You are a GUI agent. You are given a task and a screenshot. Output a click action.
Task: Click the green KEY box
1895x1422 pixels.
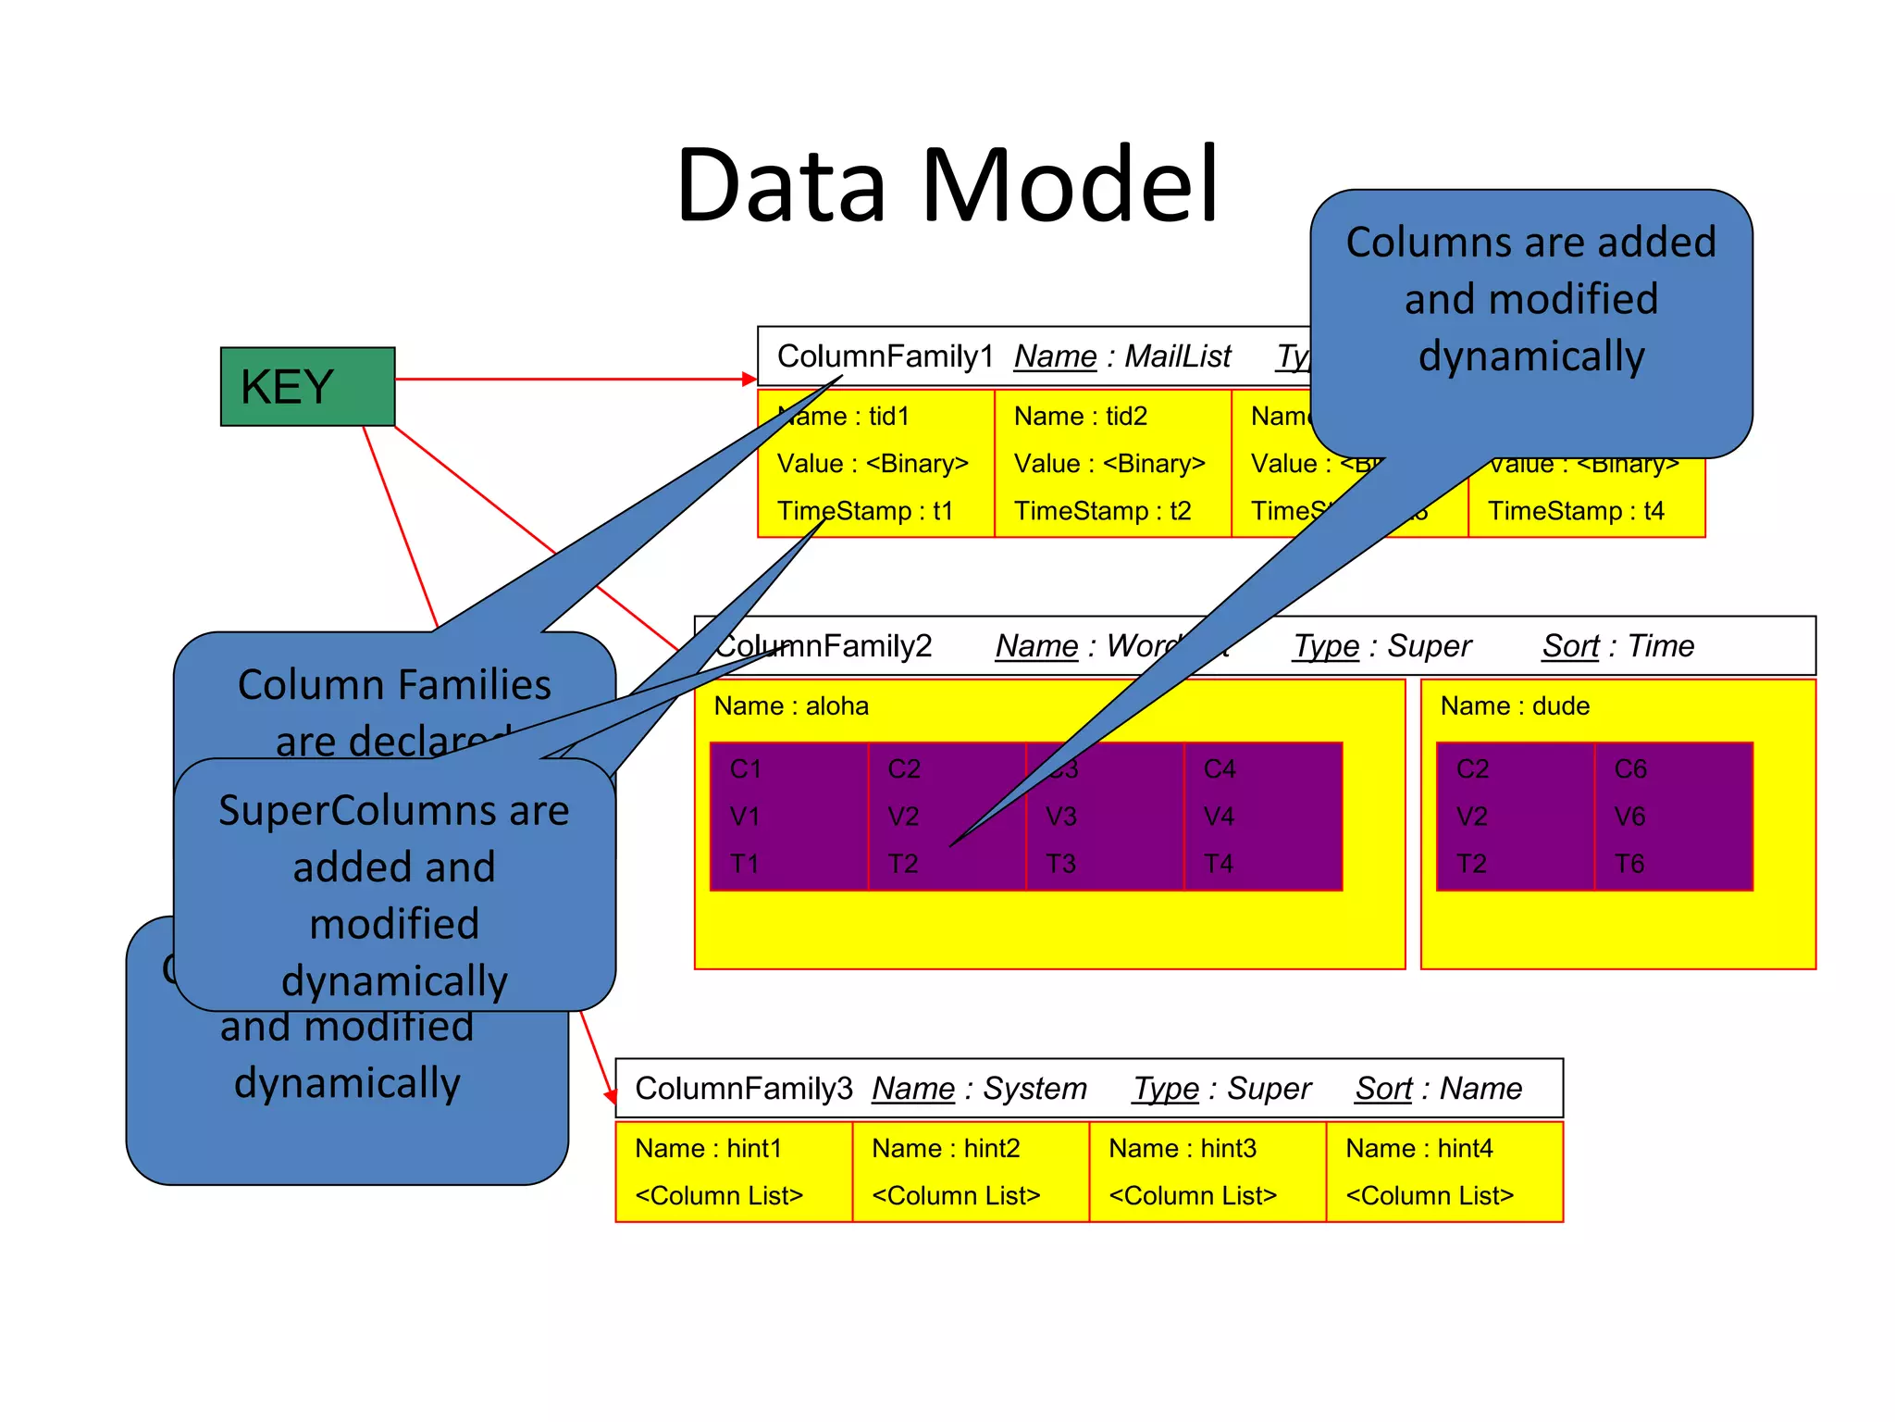[307, 386]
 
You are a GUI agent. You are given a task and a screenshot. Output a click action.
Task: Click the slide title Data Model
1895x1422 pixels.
[947, 185]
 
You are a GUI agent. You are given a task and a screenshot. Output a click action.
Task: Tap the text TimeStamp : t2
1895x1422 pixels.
[1102, 511]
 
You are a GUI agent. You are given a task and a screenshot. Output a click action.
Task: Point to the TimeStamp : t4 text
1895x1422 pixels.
[1576, 511]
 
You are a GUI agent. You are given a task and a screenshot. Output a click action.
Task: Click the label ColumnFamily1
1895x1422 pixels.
[885, 356]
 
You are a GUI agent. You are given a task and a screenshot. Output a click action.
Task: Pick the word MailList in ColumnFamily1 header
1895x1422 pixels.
[1177, 356]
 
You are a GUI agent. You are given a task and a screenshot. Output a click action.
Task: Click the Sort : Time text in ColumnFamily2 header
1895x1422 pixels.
[1617, 645]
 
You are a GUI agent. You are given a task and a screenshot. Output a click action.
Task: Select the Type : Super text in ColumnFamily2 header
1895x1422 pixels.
[1381, 645]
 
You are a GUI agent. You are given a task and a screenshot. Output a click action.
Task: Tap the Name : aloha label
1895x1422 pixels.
[791, 706]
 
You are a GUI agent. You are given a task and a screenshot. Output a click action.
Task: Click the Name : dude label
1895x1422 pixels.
[1515, 706]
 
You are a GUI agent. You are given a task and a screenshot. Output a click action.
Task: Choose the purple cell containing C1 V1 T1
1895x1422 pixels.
[788, 817]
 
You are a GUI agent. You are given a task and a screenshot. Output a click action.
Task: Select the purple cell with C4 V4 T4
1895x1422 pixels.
[1262, 817]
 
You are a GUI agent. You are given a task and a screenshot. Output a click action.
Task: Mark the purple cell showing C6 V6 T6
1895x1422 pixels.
[1673, 817]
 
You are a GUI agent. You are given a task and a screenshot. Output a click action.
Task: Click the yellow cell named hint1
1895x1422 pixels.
[733, 1172]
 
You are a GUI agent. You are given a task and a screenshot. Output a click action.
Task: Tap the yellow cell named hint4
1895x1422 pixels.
[1443, 1172]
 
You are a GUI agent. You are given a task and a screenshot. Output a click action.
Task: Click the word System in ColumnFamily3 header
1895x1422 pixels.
[1034, 1089]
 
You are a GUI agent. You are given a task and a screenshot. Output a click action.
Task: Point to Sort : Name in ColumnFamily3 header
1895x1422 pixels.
[1438, 1089]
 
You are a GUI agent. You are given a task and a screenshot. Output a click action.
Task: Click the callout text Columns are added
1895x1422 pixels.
[1530, 243]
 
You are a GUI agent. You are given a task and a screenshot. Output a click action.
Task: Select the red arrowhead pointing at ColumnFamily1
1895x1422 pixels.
[749, 379]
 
